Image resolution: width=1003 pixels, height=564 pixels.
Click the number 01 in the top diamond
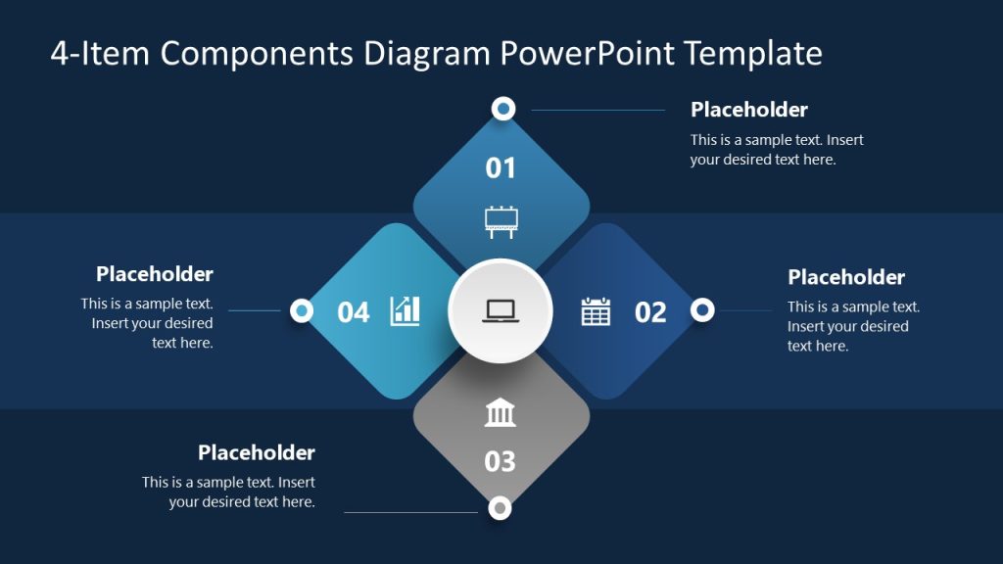click(x=501, y=167)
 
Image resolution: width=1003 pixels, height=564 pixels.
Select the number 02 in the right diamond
click(x=650, y=312)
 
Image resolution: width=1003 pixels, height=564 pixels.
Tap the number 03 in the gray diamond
click(x=500, y=460)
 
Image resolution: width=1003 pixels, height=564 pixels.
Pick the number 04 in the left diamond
click(x=354, y=312)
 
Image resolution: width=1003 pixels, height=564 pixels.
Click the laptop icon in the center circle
click(x=501, y=311)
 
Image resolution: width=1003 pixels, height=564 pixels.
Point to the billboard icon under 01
click(x=501, y=221)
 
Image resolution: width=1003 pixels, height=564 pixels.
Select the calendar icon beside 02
click(x=596, y=311)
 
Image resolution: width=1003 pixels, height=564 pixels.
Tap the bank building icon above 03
click(x=501, y=413)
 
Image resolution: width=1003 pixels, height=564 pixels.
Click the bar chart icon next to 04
click(x=406, y=311)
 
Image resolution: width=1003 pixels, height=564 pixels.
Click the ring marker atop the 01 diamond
click(x=502, y=109)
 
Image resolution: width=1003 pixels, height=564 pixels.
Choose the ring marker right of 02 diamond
click(x=702, y=310)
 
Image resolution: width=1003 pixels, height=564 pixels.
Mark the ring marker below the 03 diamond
click(x=500, y=507)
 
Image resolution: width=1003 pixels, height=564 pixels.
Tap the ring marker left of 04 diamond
click(x=302, y=310)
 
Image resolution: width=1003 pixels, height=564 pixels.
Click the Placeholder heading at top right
click(x=749, y=110)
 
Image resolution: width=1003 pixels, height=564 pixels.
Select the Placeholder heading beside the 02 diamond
click(x=846, y=277)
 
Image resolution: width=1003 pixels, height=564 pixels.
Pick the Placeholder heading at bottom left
click(x=257, y=452)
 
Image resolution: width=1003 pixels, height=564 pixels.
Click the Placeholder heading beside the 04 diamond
click(x=155, y=274)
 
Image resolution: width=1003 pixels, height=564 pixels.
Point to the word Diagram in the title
click(x=427, y=53)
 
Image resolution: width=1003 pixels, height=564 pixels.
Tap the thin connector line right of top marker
click(x=597, y=110)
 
